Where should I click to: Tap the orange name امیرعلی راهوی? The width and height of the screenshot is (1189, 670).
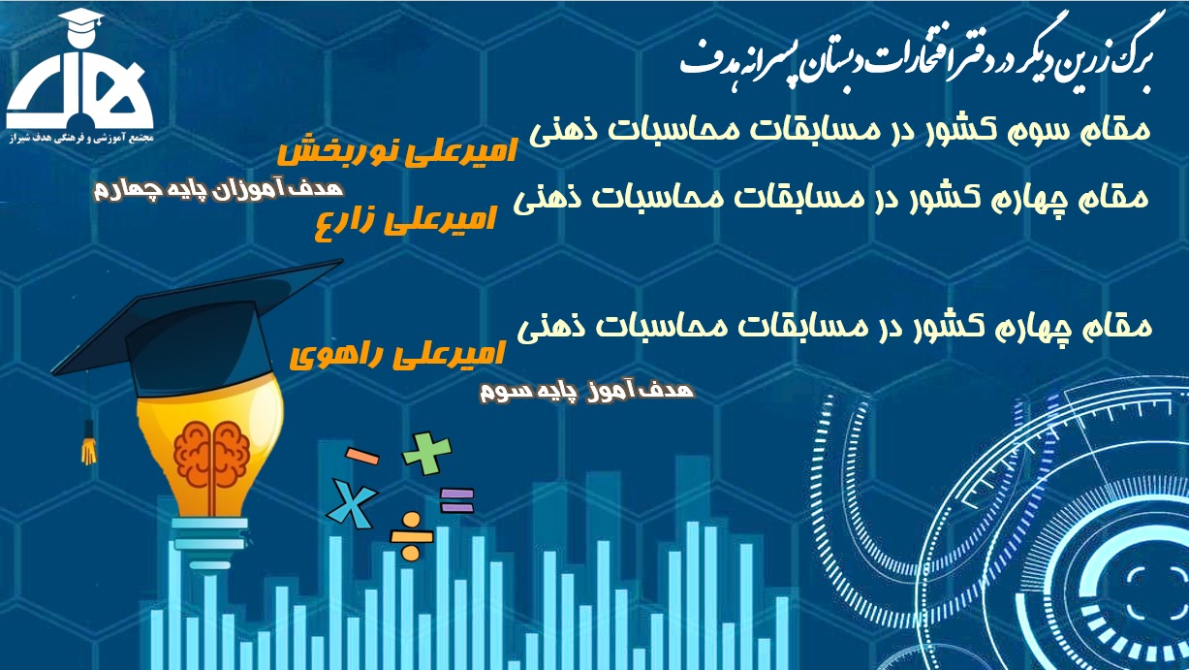[396, 355]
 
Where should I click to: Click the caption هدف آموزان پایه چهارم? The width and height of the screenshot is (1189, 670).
[218, 190]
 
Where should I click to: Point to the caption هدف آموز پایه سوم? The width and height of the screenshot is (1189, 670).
[587, 392]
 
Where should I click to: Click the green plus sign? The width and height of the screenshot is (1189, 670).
[426, 453]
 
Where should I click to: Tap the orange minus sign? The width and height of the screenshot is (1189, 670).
[362, 456]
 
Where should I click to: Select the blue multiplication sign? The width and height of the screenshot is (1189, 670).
[352, 503]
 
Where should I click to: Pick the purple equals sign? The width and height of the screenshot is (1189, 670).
[456, 500]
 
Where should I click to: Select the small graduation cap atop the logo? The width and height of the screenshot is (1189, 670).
[81, 20]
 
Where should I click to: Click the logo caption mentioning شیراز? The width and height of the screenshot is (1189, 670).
[80, 138]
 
